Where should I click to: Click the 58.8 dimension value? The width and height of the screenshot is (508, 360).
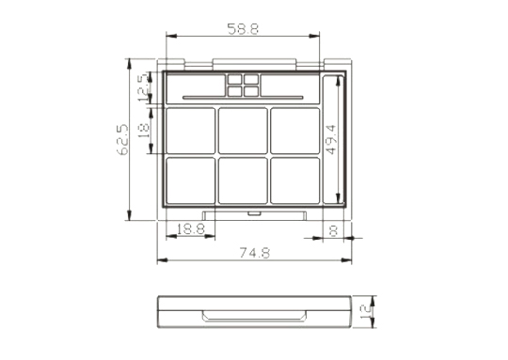pyautogui.click(x=243, y=29)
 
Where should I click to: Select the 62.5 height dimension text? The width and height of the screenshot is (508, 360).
pyautogui.click(x=123, y=140)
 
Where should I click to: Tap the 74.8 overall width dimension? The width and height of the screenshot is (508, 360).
pyautogui.click(x=254, y=253)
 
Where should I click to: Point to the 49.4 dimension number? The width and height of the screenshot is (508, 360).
pyautogui.click(x=331, y=139)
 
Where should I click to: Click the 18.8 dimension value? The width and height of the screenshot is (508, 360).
pyautogui.click(x=190, y=229)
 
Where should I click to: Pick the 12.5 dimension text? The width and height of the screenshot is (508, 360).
pyautogui.click(x=145, y=87)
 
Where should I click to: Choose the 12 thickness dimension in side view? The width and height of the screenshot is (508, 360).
pyautogui.click(x=366, y=311)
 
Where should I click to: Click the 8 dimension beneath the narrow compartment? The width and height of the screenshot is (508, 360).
pyautogui.click(x=333, y=230)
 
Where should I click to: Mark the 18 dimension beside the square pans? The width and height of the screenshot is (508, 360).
pyautogui.click(x=144, y=130)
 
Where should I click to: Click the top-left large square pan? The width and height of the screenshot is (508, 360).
pyautogui.click(x=190, y=131)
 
